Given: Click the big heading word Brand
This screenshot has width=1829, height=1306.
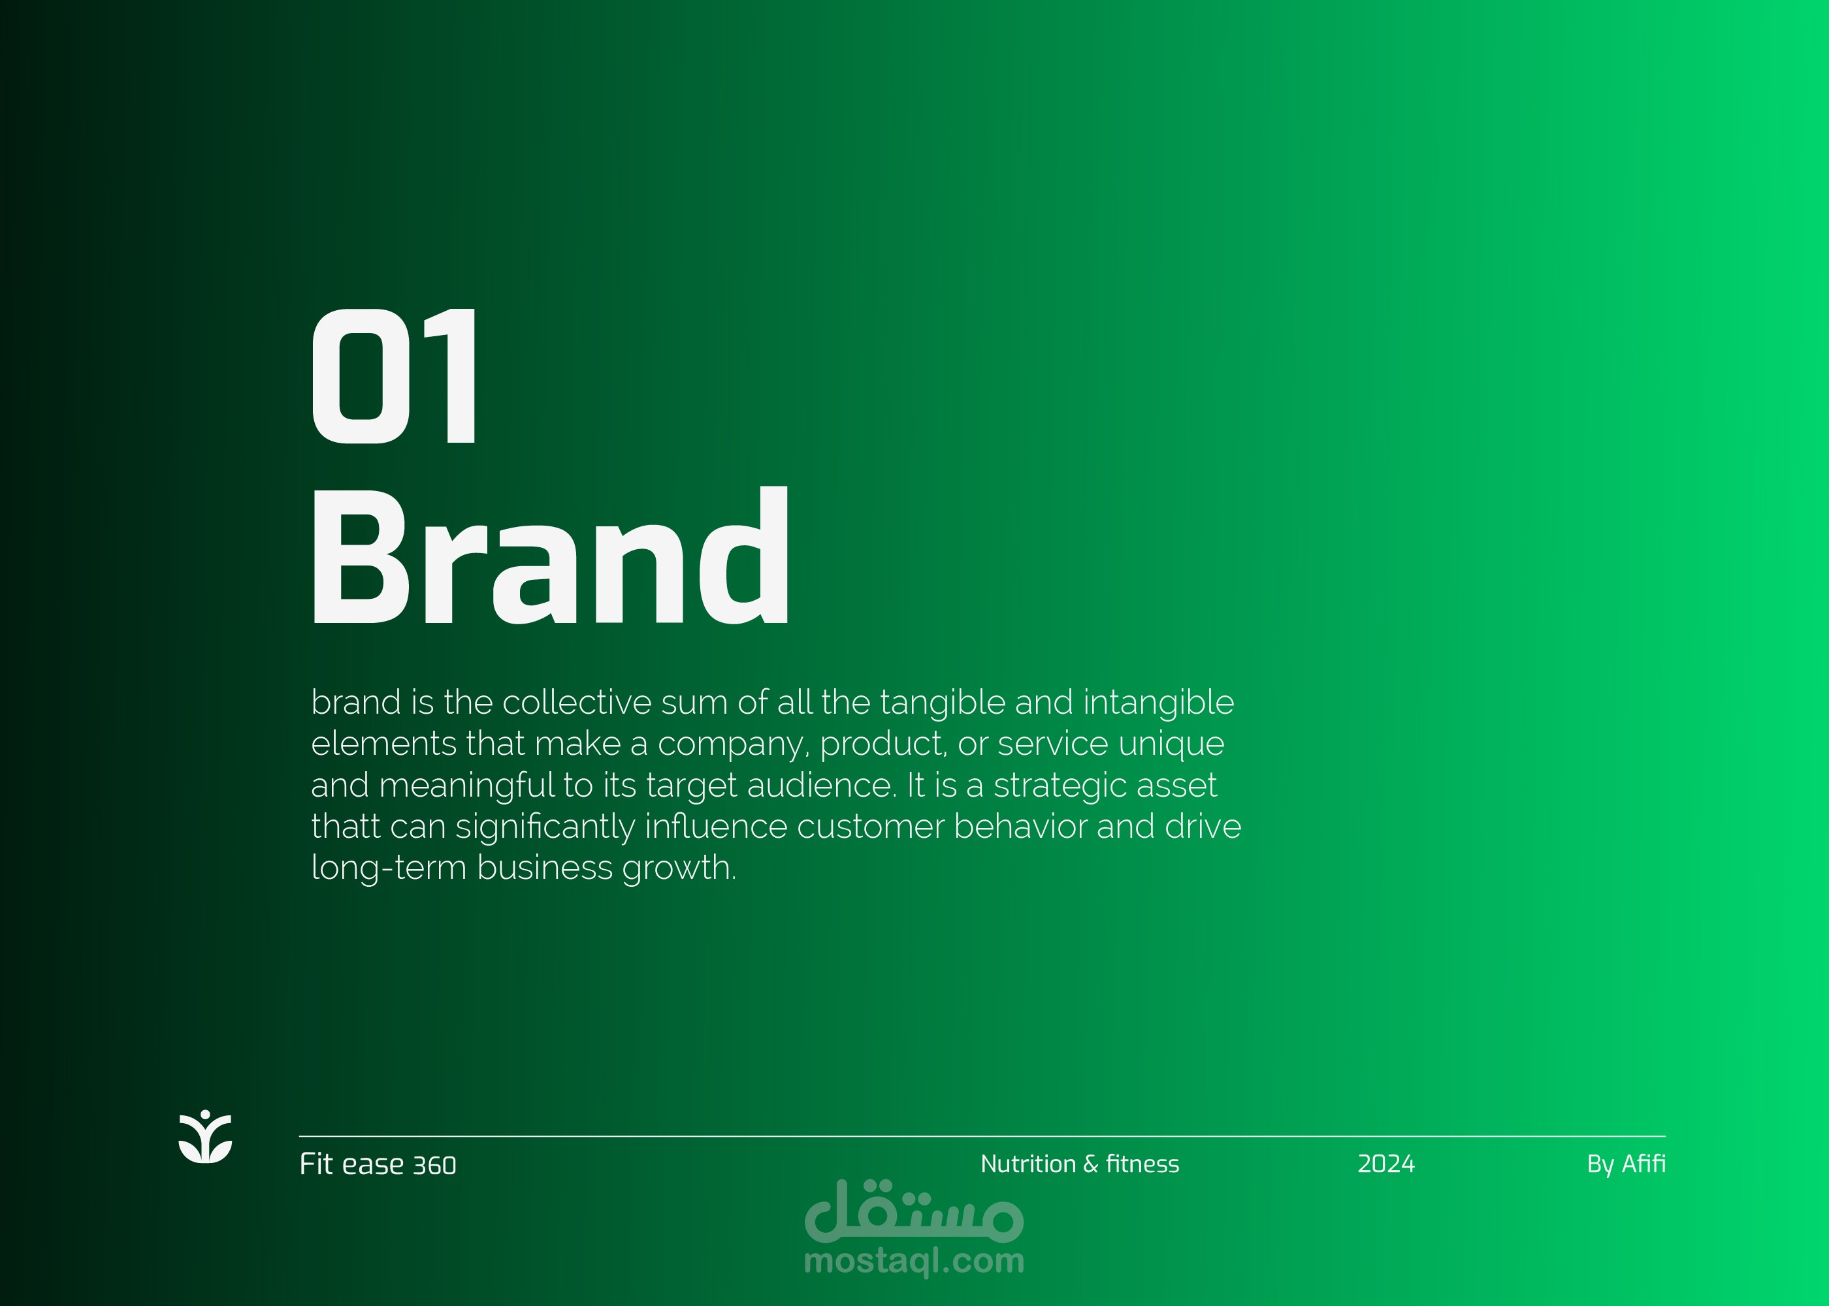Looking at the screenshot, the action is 551,555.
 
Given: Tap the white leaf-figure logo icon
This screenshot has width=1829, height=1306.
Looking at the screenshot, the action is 205,1136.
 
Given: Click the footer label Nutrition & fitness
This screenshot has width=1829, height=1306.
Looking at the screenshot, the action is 1079,1164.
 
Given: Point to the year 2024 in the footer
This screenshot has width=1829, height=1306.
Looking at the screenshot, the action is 1386,1164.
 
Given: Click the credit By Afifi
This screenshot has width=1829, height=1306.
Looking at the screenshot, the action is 1625,1164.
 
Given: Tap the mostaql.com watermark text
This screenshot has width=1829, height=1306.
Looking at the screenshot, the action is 914,1260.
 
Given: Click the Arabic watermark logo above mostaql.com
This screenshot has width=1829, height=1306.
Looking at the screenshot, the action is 914,1210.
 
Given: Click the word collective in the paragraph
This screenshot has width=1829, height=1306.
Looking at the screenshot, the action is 577,702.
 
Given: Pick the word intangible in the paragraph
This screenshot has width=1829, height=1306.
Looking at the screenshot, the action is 1158,702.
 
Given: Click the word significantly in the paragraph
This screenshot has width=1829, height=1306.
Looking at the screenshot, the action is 545,827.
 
